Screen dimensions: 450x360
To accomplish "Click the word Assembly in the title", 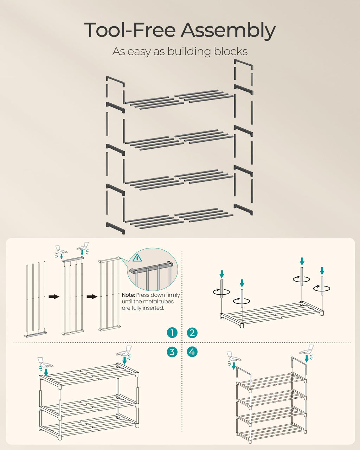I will tap(228, 31).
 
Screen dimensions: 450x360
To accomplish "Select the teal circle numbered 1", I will tap(172, 333).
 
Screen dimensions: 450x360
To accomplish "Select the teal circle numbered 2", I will tap(192, 333).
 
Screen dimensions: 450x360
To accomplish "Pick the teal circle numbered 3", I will tap(172, 352).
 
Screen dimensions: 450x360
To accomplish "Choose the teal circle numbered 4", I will tap(192, 352).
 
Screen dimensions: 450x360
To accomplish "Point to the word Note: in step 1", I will tap(128, 295).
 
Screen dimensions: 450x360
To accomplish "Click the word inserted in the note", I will tap(154, 308).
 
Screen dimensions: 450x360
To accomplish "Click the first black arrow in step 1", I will tap(54, 297).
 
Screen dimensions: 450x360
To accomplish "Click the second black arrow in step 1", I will tap(92, 297).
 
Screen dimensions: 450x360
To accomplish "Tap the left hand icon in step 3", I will tap(45, 362).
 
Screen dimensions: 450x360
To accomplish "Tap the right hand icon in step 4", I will tap(307, 349).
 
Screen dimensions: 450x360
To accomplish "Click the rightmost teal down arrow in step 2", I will tap(322, 271).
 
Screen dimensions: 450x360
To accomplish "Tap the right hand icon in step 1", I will tap(83, 245).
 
